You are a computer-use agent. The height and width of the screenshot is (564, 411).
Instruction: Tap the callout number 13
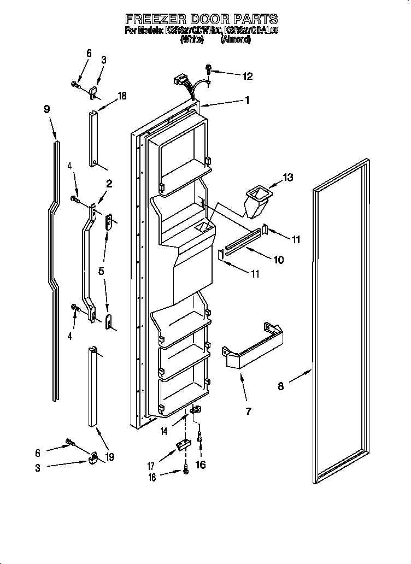click(287, 177)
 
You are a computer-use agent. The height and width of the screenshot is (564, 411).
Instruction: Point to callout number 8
click(280, 386)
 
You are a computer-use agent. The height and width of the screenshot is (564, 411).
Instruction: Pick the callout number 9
click(47, 109)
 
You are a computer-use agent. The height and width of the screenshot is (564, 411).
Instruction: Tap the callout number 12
click(248, 77)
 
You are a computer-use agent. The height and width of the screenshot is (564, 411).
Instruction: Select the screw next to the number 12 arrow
click(209, 70)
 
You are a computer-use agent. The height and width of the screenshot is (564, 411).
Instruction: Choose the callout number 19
click(110, 457)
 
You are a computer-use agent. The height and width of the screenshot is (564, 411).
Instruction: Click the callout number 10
click(278, 260)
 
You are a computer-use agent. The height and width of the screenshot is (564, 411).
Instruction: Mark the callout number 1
click(247, 101)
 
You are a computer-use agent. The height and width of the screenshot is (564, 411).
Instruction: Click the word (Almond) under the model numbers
click(236, 40)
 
